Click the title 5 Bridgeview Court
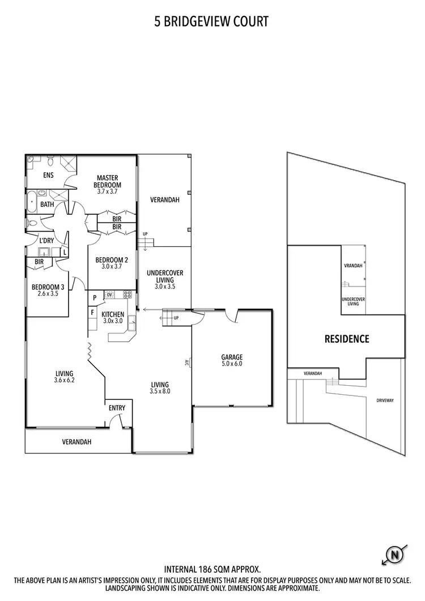[x=211, y=22]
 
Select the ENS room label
[x=48, y=175]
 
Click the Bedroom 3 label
[x=45, y=286]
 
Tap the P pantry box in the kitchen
[x=93, y=296]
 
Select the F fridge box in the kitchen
[x=92, y=312]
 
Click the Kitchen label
[x=113, y=314]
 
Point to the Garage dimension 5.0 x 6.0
[x=232, y=364]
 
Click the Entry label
[x=117, y=408]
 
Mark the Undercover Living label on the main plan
[x=165, y=276]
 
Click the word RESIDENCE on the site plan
[x=346, y=339]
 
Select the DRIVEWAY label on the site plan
[x=385, y=400]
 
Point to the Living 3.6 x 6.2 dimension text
[x=65, y=381]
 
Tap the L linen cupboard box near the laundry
[x=65, y=252]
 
